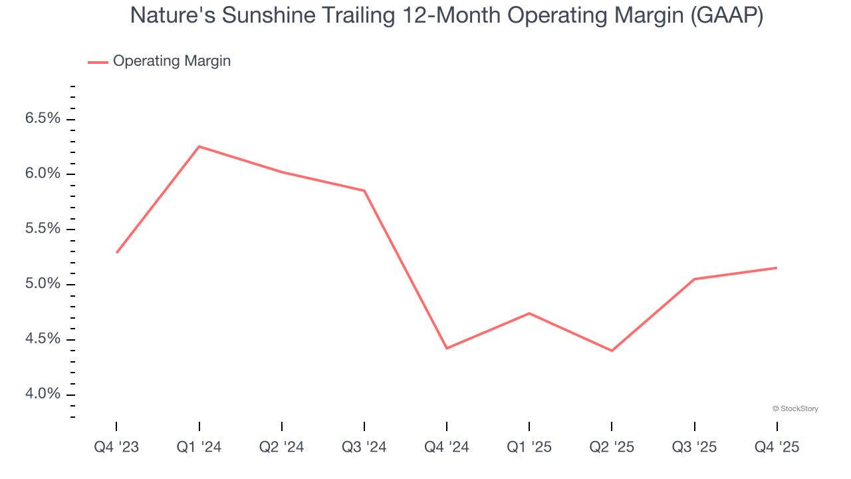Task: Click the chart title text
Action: pyautogui.click(x=446, y=15)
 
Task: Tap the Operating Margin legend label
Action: pyautogui.click(x=172, y=61)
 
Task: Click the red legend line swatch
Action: pyautogui.click(x=98, y=62)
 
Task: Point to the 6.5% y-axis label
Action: pyautogui.click(x=43, y=119)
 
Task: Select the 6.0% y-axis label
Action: pyautogui.click(x=43, y=174)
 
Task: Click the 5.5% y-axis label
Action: pyautogui.click(x=43, y=230)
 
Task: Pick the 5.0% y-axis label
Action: pyautogui.click(x=43, y=285)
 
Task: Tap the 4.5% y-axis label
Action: pyautogui.click(x=43, y=340)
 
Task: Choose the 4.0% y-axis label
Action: pyautogui.click(x=43, y=395)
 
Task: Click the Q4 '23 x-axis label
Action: pyautogui.click(x=116, y=447)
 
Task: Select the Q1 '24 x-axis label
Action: pyautogui.click(x=199, y=447)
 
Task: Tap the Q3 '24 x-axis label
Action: pyautogui.click(x=364, y=447)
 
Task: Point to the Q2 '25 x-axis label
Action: pyautogui.click(x=612, y=447)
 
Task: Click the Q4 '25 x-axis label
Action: pyautogui.click(x=777, y=447)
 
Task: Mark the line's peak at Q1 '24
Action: pyautogui.click(x=199, y=146)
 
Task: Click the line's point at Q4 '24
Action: pyautogui.click(x=447, y=348)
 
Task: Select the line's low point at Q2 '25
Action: pyautogui.click(x=612, y=351)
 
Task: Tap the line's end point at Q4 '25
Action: pyautogui.click(x=777, y=267)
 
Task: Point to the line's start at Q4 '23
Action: pyautogui.click(x=116, y=253)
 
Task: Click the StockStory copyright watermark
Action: pyautogui.click(x=795, y=408)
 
